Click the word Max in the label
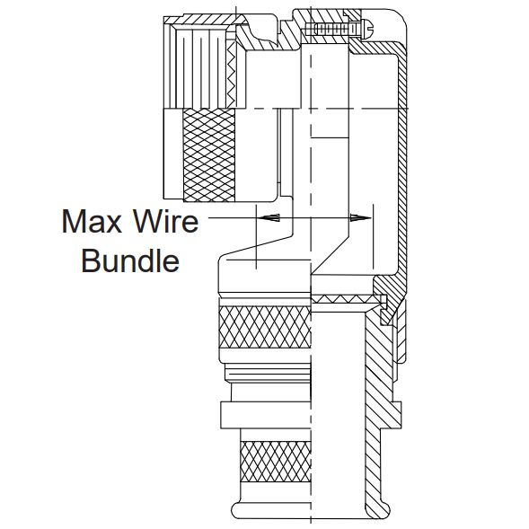coord(92,221)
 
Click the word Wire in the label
coord(166,221)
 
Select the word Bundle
coord(130,260)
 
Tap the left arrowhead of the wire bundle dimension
coord(270,217)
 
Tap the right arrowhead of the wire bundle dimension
coord(361,217)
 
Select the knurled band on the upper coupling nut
coord(209,155)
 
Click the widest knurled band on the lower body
coord(264,327)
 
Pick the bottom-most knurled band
coord(275,461)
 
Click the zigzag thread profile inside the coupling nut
coord(232,74)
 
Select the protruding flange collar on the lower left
coord(265,415)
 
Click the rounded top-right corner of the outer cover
coord(401,17)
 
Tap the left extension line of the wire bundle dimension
coord(256,236)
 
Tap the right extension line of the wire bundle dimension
coord(373,236)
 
